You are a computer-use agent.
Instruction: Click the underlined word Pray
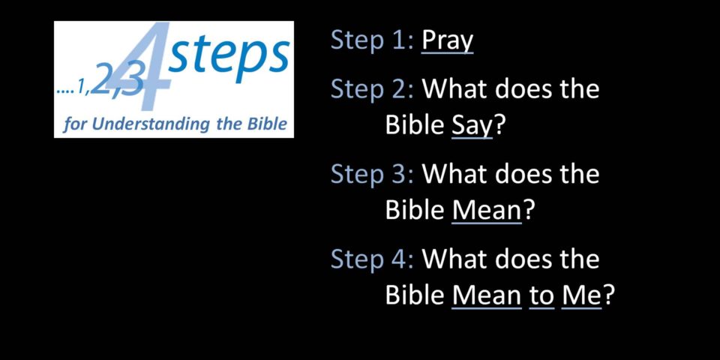coord(447,41)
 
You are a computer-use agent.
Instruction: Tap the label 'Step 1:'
coord(372,40)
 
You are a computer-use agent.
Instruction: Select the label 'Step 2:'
coord(372,88)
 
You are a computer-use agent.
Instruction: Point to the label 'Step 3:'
coord(372,174)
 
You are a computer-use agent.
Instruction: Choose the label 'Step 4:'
coord(372,259)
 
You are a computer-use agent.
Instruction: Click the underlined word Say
coord(472,126)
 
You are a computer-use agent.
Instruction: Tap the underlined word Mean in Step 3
coord(487,211)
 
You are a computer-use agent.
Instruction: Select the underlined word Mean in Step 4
coord(487,296)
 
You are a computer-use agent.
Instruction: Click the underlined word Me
coord(581,296)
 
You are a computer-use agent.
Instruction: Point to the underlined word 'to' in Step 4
coord(541,297)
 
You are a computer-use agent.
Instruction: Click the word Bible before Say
coord(415,125)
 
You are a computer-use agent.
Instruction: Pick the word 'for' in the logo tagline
coord(74,124)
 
